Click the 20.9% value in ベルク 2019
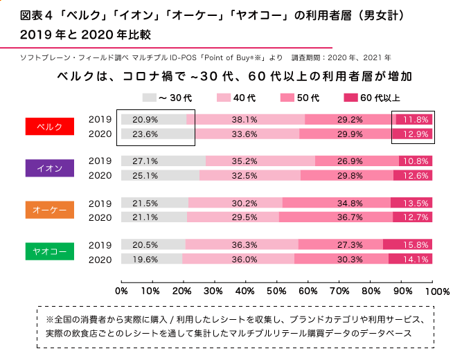pos(145,120)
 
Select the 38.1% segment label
pos(245,120)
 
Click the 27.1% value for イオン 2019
pos(145,161)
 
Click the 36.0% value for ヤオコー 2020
pos(245,259)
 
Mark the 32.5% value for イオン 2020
pos(245,175)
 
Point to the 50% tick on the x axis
pos(276,290)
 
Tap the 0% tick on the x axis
pos(121,290)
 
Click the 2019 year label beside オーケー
pos(100,204)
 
